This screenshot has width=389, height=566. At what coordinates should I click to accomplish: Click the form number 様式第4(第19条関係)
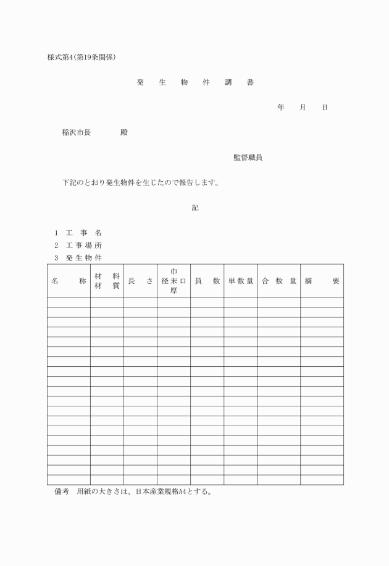pos(82,58)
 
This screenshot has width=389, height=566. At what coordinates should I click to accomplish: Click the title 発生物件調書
pos(195,82)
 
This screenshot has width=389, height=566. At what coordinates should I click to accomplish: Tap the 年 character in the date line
pos(281,108)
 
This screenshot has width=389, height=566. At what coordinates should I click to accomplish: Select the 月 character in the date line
pos(303,108)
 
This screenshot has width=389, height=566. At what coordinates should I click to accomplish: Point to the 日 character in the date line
pos(325,108)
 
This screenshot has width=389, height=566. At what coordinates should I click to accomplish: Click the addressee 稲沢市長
pos(77,132)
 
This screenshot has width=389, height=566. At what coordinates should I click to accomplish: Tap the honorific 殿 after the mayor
pos(124,132)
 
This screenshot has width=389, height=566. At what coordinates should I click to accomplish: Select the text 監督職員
pos(248,158)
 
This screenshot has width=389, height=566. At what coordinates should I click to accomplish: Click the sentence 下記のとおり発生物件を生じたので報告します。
pos(141,183)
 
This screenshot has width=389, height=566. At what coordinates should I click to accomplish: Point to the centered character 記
pos(195,208)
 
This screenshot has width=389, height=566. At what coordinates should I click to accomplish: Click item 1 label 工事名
pos(83,233)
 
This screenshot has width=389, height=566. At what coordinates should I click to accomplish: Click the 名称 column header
pos(69,281)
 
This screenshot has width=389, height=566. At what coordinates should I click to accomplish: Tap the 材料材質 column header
pos(107,281)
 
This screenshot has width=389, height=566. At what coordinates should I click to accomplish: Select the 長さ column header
pos(140,281)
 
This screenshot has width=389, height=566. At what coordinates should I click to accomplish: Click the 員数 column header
pos(207,281)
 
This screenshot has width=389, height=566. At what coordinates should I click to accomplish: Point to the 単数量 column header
pos(241,281)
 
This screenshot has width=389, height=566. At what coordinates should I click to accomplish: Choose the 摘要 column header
pos(322,281)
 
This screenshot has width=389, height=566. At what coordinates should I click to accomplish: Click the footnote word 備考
pos(62,492)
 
